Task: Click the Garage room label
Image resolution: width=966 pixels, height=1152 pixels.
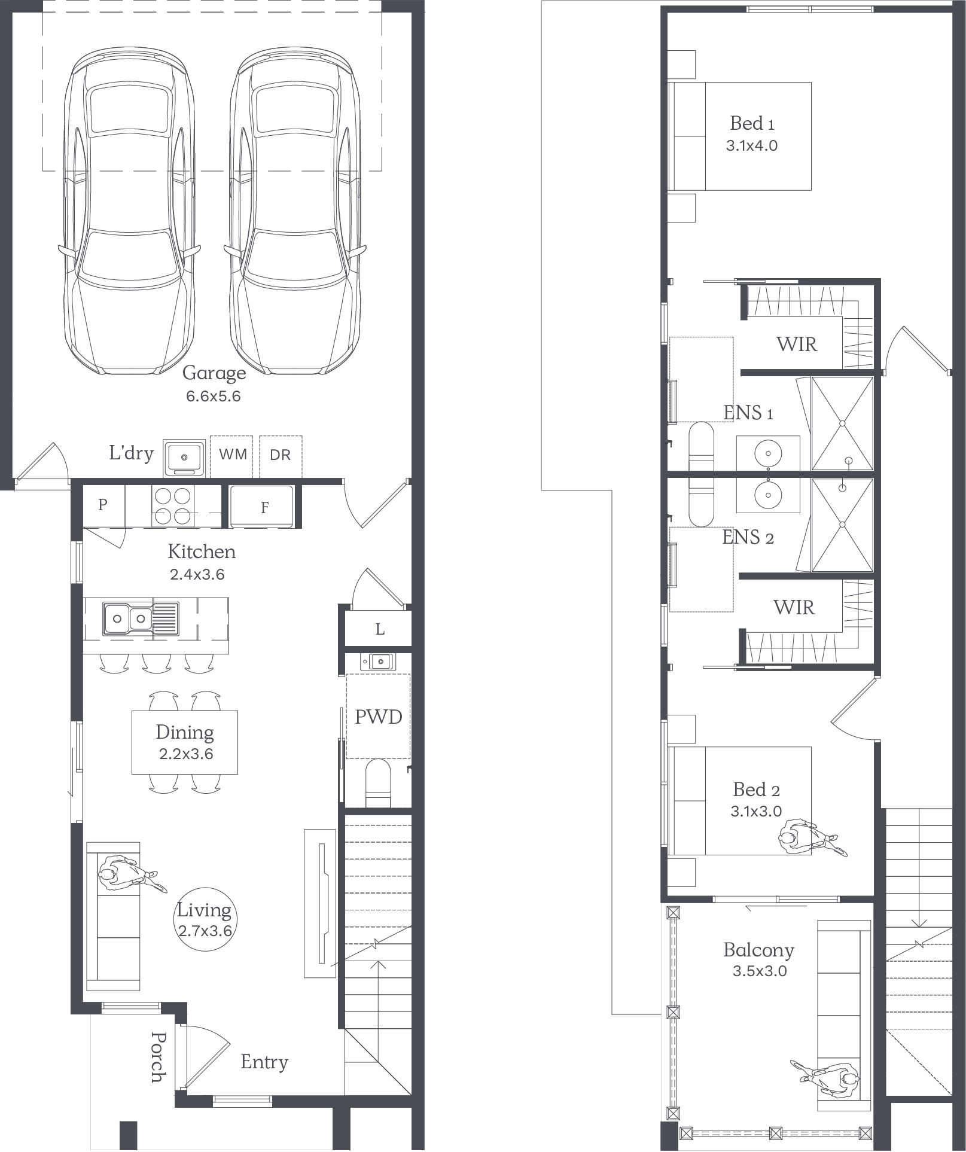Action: click(x=214, y=373)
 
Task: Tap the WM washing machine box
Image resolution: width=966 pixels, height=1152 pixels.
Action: click(x=231, y=456)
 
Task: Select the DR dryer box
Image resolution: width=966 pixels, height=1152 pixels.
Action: click(x=281, y=456)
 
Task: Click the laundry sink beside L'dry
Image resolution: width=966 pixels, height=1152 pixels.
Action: click(x=184, y=458)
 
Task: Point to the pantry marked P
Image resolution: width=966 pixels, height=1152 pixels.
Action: click(x=103, y=505)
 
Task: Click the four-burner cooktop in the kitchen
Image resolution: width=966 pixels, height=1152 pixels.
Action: click(x=172, y=505)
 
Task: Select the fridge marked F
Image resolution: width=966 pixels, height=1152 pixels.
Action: click(x=263, y=507)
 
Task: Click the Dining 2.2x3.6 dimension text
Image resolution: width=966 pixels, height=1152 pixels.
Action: click(x=186, y=754)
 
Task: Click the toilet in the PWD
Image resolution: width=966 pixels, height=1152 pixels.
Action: click(x=377, y=783)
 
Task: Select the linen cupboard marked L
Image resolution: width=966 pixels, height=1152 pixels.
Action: click(x=380, y=629)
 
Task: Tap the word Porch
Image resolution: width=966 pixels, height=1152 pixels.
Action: click(x=158, y=1057)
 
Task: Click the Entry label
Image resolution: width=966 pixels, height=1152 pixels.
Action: click(x=264, y=1062)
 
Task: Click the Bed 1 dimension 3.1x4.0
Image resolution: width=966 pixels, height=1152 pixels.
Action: click(x=752, y=145)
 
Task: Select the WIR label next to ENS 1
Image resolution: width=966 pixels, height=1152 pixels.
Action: click(x=797, y=344)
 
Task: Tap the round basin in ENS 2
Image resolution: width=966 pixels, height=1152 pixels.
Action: click(x=768, y=495)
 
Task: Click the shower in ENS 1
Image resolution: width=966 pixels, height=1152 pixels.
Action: click(x=842, y=423)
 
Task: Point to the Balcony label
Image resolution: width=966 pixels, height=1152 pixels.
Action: click(x=758, y=950)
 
